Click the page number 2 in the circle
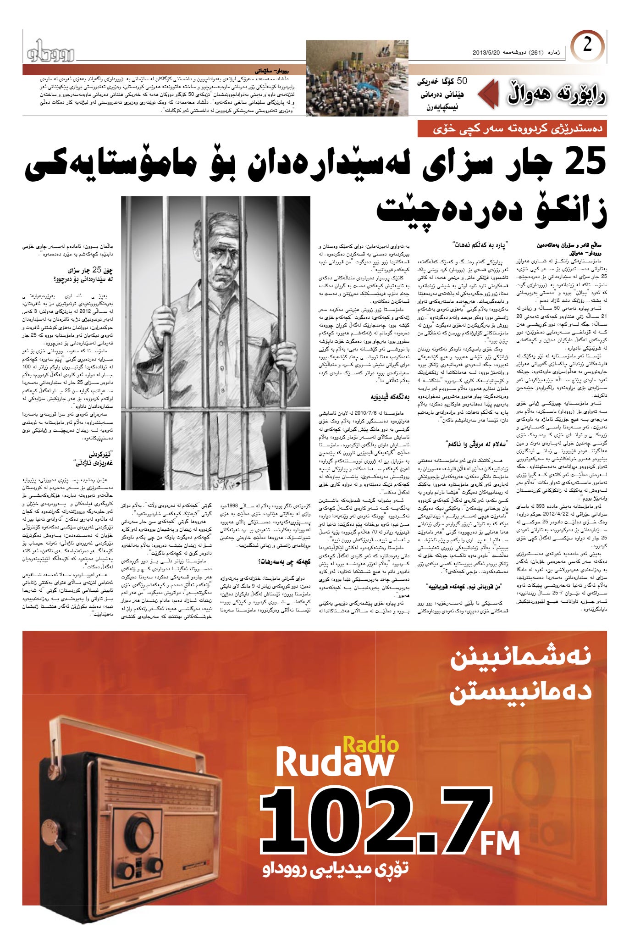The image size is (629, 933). pyautogui.click(x=587, y=46)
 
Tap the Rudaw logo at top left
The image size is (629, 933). pyautogui.click(x=50, y=51)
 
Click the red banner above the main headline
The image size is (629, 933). pyautogui.click(x=512, y=129)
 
